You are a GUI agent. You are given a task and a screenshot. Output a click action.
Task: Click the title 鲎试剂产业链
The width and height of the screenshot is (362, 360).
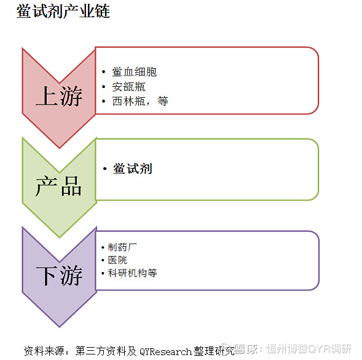[63, 11]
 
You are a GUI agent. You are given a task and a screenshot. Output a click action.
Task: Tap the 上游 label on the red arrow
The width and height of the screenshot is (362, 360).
[59, 96]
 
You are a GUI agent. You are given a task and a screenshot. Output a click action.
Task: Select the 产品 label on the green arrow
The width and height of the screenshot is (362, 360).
[58, 186]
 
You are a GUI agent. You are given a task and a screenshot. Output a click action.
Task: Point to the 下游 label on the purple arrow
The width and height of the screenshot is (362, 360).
[60, 276]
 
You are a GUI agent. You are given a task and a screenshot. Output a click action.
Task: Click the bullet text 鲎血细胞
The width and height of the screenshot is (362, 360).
[135, 72]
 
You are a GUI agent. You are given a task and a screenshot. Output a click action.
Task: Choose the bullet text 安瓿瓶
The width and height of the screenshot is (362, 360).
[129, 87]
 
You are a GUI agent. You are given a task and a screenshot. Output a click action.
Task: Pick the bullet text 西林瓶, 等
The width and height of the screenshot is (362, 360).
[140, 102]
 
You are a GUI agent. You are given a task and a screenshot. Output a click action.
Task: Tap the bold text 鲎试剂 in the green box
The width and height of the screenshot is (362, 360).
[133, 169]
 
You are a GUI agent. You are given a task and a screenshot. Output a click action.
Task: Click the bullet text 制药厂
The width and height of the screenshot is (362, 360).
[122, 247]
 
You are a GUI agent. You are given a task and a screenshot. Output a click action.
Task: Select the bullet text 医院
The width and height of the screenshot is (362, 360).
[117, 260]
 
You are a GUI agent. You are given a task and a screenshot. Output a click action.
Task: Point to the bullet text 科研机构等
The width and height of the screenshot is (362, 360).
[132, 273]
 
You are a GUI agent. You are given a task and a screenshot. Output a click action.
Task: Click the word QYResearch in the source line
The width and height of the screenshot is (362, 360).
[165, 351]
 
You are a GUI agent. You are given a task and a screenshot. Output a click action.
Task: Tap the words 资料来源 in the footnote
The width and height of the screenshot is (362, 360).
[44, 351]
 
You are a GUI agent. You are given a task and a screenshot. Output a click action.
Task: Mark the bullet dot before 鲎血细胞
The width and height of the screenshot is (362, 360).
[104, 72]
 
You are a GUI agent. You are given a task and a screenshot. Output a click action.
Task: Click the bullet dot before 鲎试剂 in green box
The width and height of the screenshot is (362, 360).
[105, 169]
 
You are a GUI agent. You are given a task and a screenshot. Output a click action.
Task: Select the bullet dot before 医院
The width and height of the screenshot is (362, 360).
[103, 260]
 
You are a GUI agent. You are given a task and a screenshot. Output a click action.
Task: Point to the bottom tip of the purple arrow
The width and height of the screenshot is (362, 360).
[60, 327]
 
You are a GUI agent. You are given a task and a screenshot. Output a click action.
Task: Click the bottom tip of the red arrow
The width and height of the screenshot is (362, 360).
[60, 148]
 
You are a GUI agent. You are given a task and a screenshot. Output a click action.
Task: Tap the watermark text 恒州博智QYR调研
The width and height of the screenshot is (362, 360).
[309, 349]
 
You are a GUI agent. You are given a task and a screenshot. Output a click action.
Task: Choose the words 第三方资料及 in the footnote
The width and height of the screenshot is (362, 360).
[106, 351]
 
